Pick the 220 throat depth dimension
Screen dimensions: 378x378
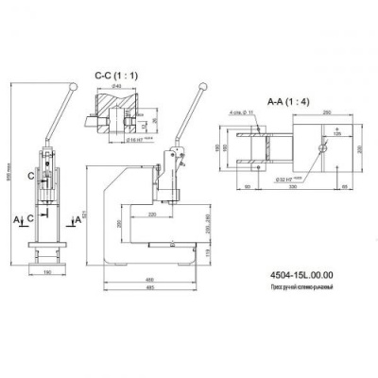pyautogui.click(x=152, y=215)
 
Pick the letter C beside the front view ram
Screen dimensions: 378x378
pyautogui.click(x=32, y=176)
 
